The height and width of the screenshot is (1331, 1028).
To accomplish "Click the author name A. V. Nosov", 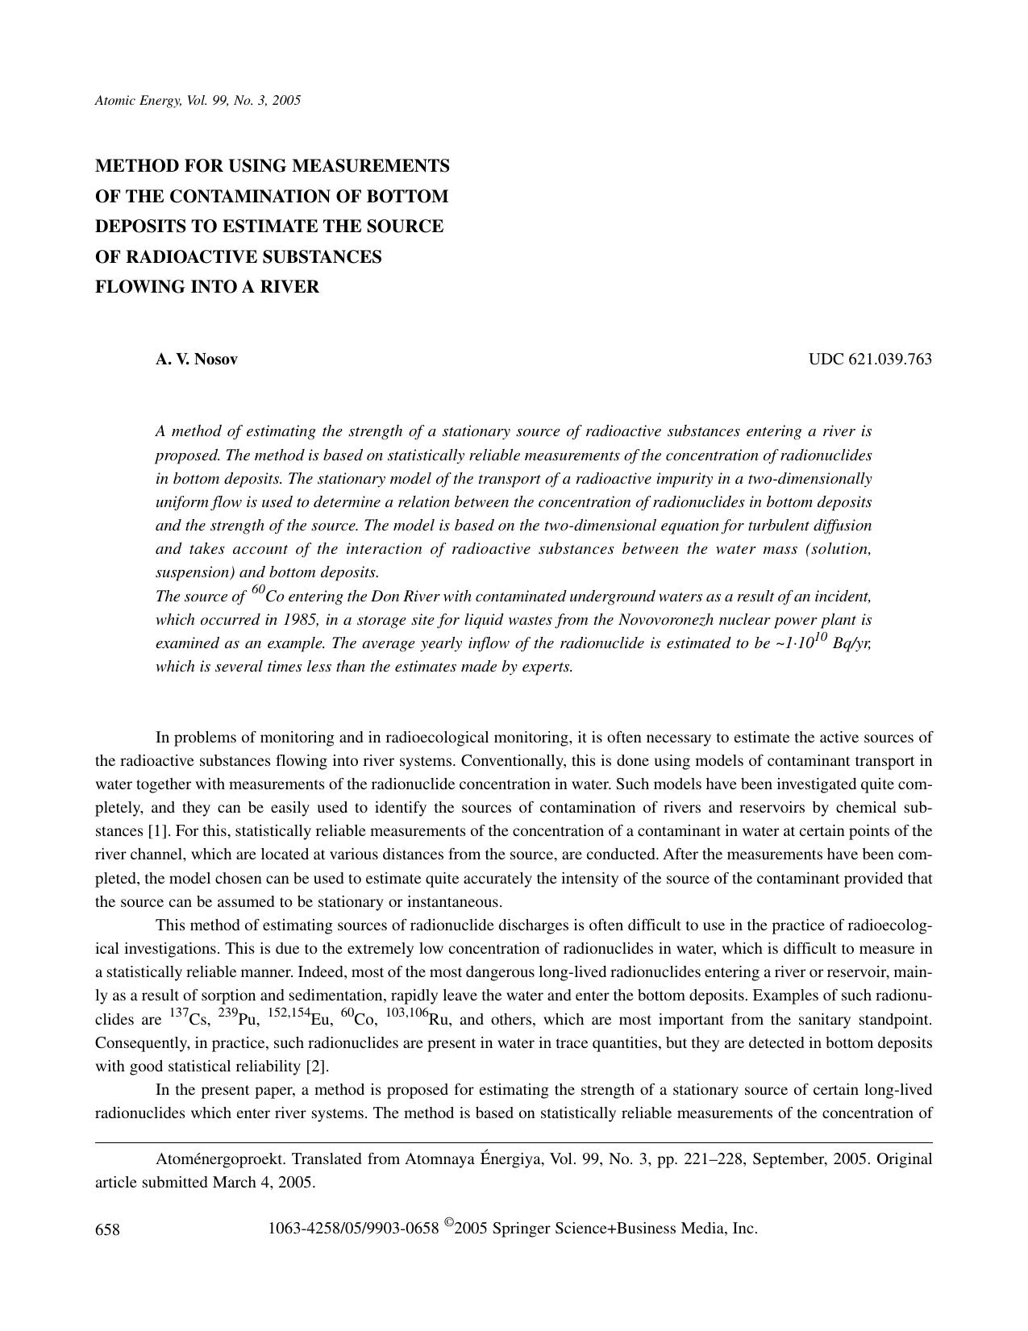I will point(197,360).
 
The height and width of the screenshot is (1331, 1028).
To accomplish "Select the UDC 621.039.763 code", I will point(870,360).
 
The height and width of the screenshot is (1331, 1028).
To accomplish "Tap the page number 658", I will point(107,1229).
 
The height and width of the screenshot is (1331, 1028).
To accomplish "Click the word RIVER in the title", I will point(293,287).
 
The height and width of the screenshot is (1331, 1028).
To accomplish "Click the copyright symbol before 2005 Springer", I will point(448,1225).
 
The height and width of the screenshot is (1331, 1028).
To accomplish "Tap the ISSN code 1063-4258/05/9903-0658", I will point(353,1229).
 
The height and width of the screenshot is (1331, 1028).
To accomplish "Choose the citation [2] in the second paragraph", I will point(317,1067).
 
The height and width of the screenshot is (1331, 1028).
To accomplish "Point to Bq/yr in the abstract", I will point(851,644).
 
